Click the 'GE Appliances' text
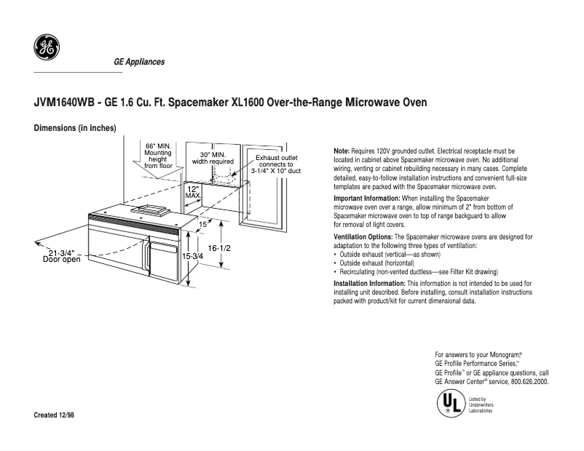138,62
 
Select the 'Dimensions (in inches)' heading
75,128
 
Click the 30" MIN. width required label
213,159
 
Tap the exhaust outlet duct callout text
275,164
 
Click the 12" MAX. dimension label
193,191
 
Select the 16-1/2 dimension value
219,248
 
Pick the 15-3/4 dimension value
192,256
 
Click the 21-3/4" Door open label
62,255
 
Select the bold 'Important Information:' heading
366,199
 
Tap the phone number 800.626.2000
529,381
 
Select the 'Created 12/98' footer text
54,415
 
